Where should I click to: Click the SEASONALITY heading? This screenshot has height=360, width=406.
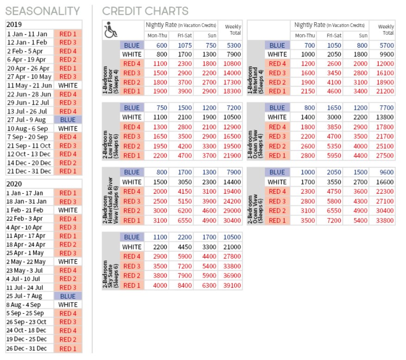pyautogui.click(x=43, y=11)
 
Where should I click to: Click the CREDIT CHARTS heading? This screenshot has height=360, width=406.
pyautogui.click(x=145, y=11)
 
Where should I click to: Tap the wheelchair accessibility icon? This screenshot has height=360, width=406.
pyautogui.click(x=112, y=30)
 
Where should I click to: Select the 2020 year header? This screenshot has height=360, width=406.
pyautogui.click(x=14, y=183)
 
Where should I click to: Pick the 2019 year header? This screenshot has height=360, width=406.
pyautogui.click(x=14, y=25)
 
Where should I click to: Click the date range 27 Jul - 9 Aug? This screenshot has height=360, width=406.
pyautogui.click(x=27, y=120)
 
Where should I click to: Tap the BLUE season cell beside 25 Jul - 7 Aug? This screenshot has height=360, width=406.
pyautogui.click(x=68, y=296)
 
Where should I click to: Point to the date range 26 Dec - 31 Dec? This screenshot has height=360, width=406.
pyautogui.click(x=27, y=348)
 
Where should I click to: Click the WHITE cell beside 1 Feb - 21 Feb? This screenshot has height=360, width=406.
pyautogui.click(x=68, y=210)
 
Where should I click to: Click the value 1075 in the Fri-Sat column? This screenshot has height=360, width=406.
pyautogui.click(x=185, y=45)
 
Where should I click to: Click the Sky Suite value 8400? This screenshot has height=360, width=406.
pyautogui.click(x=185, y=285)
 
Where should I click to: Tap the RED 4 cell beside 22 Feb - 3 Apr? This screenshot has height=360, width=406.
pyautogui.click(x=68, y=219)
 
